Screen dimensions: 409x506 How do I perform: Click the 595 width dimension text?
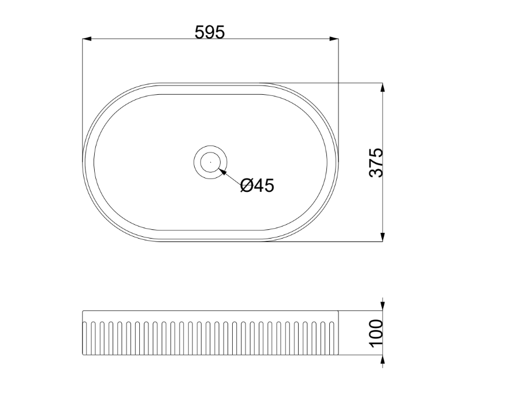click(209, 32)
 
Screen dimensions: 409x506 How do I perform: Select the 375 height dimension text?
click(375, 162)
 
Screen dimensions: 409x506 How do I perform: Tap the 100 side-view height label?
click(375, 332)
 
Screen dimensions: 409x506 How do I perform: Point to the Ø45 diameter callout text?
click(257, 185)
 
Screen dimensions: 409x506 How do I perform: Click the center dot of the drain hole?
click(211, 162)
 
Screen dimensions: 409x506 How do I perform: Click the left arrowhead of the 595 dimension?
click(87, 39)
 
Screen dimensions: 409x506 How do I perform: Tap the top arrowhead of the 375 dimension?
click(382, 87)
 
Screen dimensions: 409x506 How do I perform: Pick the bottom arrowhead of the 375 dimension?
click(382, 237)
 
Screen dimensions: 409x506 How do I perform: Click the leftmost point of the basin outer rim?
click(83, 162)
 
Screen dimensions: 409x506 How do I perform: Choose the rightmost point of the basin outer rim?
click(338, 162)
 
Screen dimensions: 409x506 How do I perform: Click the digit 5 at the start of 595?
click(199, 32)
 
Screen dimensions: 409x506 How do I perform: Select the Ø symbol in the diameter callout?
click(245, 185)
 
